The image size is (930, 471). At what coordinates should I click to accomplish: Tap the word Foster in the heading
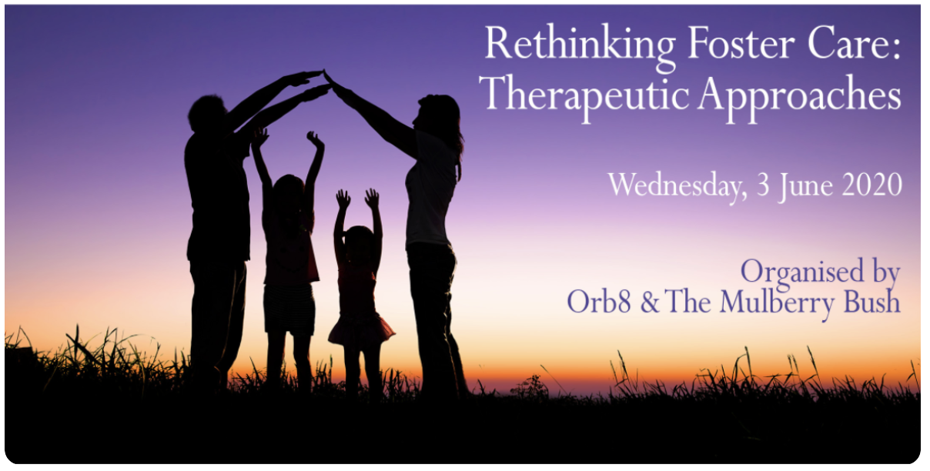pyautogui.click(x=741, y=43)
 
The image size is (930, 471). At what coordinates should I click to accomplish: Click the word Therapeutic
pyautogui.click(x=584, y=97)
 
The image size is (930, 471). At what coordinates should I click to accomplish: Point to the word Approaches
pyautogui.click(x=800, y=97)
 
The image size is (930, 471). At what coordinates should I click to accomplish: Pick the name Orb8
pyautogui.click(x=599, y=302)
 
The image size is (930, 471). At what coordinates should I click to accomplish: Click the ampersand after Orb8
pyautogui.click(x=649, y=302)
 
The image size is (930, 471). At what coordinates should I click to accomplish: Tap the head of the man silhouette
pyautogui.click(x=206, y=113)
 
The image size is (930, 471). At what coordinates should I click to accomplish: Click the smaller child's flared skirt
pyautogui.click(x=360, y=330)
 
